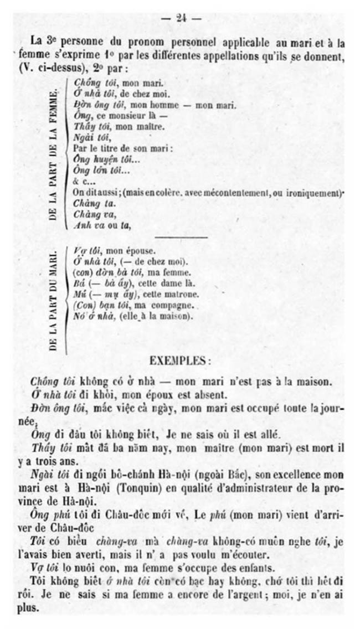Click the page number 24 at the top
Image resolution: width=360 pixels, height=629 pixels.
(181, 18)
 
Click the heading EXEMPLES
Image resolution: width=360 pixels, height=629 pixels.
(180, 360)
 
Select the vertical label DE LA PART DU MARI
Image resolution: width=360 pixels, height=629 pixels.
(54, 301)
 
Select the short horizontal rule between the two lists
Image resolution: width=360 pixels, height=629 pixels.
(181, 238)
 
